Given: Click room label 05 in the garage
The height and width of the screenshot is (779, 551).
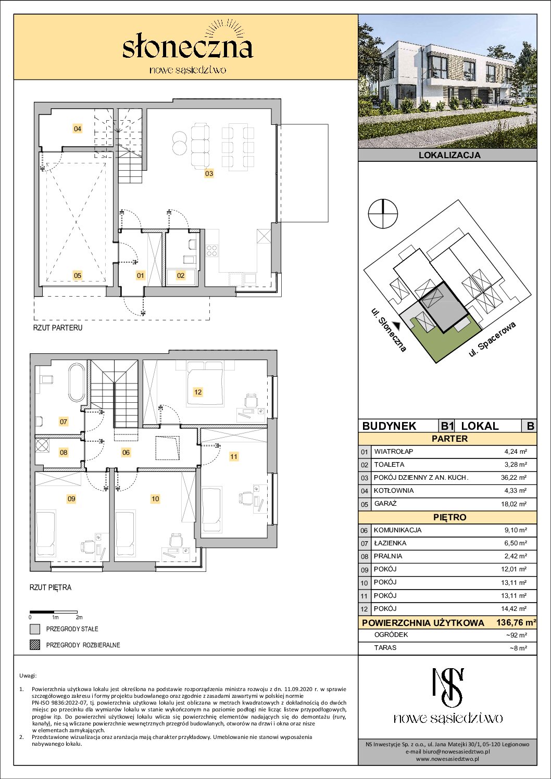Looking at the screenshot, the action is coord(77,275).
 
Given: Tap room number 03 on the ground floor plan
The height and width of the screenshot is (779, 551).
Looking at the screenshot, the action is coord(209,173).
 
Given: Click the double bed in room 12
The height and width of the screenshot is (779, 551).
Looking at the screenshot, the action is coord(205,384).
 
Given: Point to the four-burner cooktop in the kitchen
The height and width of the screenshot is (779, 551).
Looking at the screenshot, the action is coord(212,250).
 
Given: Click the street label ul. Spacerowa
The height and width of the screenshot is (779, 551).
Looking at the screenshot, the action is coord(492,339).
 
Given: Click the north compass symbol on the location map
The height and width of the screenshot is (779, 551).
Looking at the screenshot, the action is coord(383,213).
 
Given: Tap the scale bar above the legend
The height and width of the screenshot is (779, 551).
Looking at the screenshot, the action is coord(54,612).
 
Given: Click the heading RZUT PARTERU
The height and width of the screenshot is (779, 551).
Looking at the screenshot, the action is coord(58,328).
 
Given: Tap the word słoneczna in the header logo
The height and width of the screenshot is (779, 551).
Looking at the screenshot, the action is coord(187,48).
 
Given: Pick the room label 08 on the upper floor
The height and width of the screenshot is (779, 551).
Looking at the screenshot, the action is coord(64,452).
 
